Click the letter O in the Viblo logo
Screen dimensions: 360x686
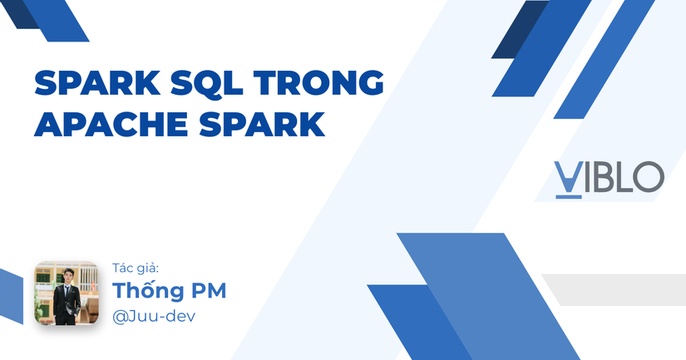tap(648, 177)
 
